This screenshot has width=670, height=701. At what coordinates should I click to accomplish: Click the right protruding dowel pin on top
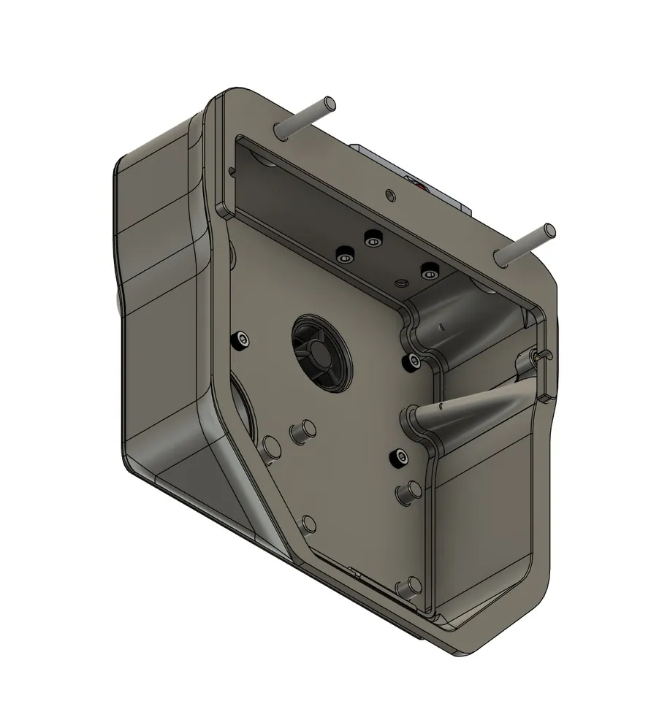pos(525,244)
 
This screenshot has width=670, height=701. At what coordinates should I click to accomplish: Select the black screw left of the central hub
pos(241,340)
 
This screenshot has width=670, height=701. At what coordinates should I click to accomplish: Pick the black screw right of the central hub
pos(414,359)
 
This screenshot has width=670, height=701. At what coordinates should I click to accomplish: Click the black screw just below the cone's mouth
pos(400,457)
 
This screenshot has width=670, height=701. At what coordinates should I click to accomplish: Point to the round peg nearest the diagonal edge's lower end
pos(308,524)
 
